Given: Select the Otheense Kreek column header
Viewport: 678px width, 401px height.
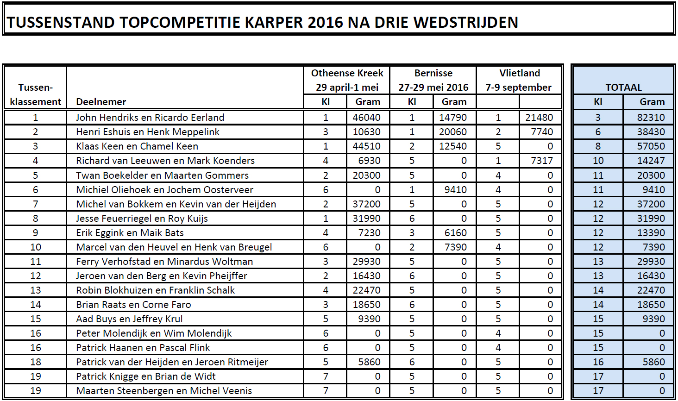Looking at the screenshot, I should pos(347,73).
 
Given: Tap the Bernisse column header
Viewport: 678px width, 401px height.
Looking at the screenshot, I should pos(433,73).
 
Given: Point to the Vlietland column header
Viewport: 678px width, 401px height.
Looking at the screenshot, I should pos(519,73).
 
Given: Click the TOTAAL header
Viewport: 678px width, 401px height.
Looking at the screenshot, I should pos(623,88).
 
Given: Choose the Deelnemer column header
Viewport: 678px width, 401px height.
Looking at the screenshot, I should pos(101,102).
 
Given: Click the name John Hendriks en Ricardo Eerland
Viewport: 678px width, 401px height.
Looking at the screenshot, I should pos(150,118).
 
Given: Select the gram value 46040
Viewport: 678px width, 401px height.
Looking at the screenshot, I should pos(366,118).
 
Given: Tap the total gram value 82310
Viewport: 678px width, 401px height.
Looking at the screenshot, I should pos(651,118).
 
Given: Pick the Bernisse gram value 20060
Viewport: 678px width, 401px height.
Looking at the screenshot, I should pos(452,132).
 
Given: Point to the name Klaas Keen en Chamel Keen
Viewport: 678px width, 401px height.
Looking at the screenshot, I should pos(137,146).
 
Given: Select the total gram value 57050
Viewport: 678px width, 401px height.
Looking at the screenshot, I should pos(651,146).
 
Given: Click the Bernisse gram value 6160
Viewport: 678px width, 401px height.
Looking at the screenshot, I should pos(455,233).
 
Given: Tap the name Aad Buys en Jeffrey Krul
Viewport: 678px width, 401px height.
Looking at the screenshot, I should pos(129,319).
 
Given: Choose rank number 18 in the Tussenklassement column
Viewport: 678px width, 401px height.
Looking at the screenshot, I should pos(36,362).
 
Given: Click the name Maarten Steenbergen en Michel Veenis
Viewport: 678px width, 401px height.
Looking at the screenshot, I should pos(164,391).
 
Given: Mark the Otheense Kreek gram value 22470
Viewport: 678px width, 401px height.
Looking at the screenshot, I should pos(366,290).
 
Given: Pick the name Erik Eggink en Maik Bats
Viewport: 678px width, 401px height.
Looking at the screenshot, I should pos(130,233).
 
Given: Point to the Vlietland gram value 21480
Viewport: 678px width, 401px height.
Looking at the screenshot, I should pos(539,118).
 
